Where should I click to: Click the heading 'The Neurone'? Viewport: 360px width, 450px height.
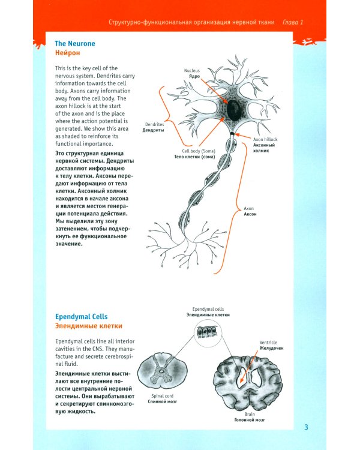click(x=74, y=44)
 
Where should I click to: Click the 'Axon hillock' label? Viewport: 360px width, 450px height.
click(x=266, y=139)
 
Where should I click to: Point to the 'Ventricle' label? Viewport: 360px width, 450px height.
click(x=268, y=343)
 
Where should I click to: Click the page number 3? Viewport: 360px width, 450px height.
click(x=305, y=427)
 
